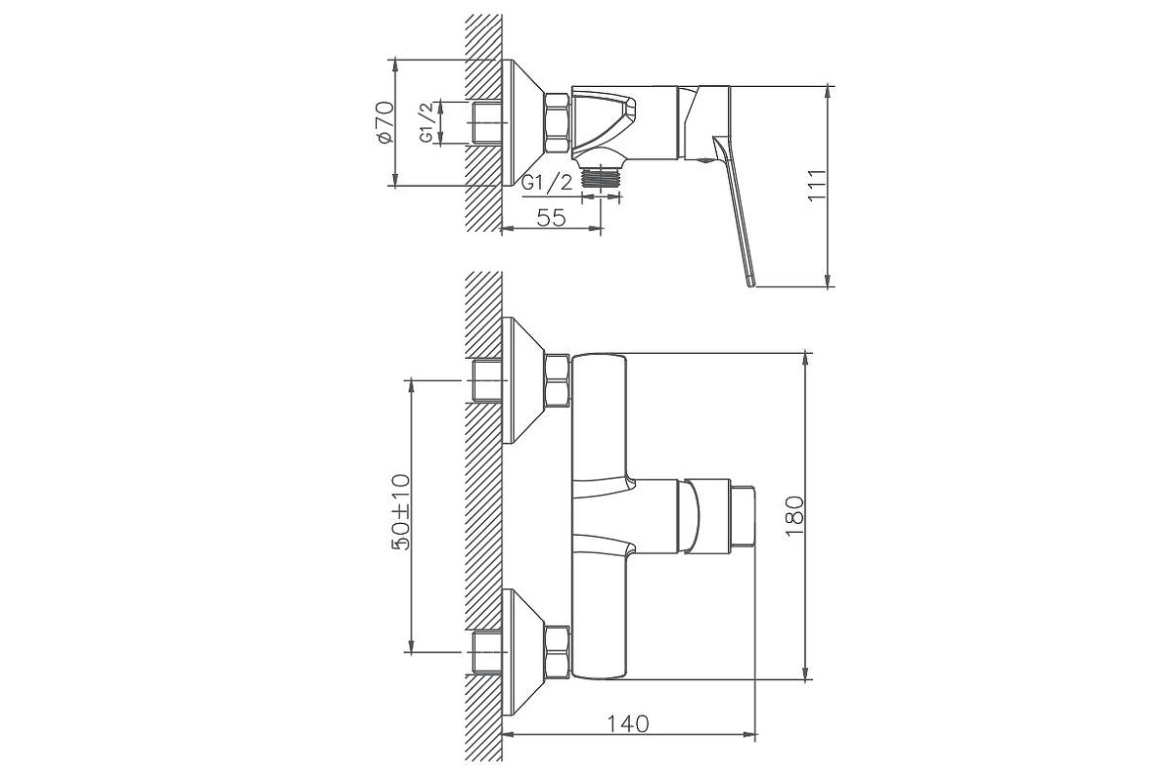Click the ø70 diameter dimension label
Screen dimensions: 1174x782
tap(384, 122)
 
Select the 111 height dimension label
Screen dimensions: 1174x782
tap(817, 186)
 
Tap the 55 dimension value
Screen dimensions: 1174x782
tap(552, 217)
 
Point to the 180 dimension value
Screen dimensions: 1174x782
tap(794, 516)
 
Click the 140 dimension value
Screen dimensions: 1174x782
tap(628, 724)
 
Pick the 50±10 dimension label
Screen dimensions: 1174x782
tap(401, 512)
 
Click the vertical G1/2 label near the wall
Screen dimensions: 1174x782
tap(428, 122)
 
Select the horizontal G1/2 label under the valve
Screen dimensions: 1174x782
tap(548, 184)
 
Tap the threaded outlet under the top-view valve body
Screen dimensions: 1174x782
tap(601, 177)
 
